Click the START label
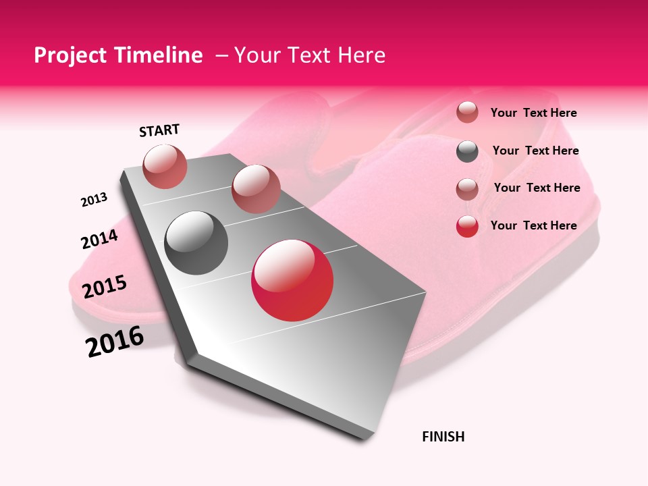tap(159, 130)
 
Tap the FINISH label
tap(443, 437)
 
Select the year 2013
tap(94, 200)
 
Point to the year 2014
tap(99, 240)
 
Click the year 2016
tap(115, 342)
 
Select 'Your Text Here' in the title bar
tap(310, 55)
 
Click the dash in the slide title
tap(221, 55)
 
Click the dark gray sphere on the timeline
tap(196, 242)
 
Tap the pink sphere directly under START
tap(165, 166)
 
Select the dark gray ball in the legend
tap(467, 151)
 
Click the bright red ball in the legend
tap(467, 226)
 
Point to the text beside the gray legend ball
tap(535, 151)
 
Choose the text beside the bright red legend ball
tap(533, 225)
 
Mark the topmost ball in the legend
tap(467, 112)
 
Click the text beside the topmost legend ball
tap(533, 113)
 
